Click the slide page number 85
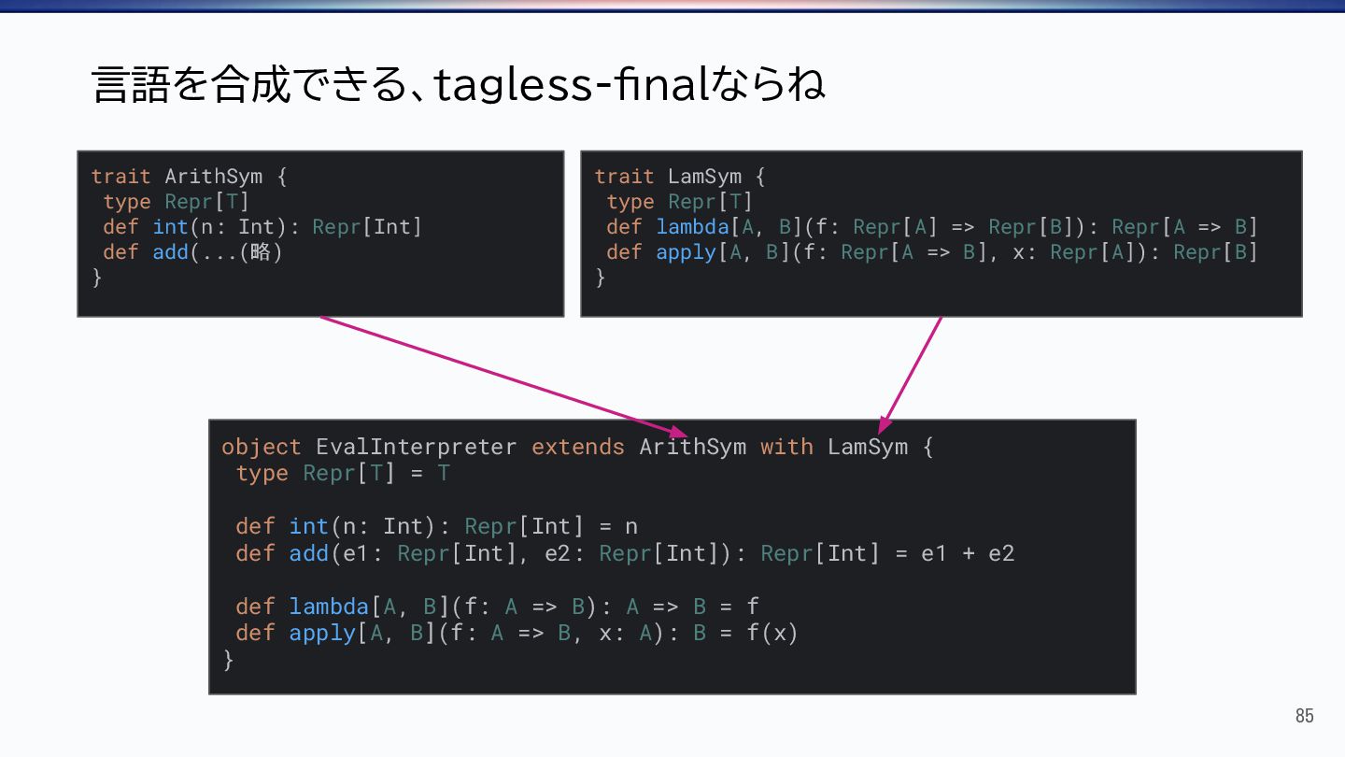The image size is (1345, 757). pos(1304,716)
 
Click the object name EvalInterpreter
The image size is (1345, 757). pos(416,447)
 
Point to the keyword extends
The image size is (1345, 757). pos(577,447)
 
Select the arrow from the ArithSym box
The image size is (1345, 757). pos(504,377)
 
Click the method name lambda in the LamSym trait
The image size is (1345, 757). pos(692,227)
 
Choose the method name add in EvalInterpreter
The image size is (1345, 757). pos(308,553)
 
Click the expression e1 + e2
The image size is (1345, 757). pos(968,553)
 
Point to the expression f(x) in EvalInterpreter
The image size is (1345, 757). pos(772,633)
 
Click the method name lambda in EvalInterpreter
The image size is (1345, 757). pos(329,607)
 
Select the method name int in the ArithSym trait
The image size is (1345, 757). pos(170,227)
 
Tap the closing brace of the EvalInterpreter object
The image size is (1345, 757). pos(228,660)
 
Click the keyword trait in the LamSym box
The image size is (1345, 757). pos(624,177)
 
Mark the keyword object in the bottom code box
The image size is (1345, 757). pos(261,447)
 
